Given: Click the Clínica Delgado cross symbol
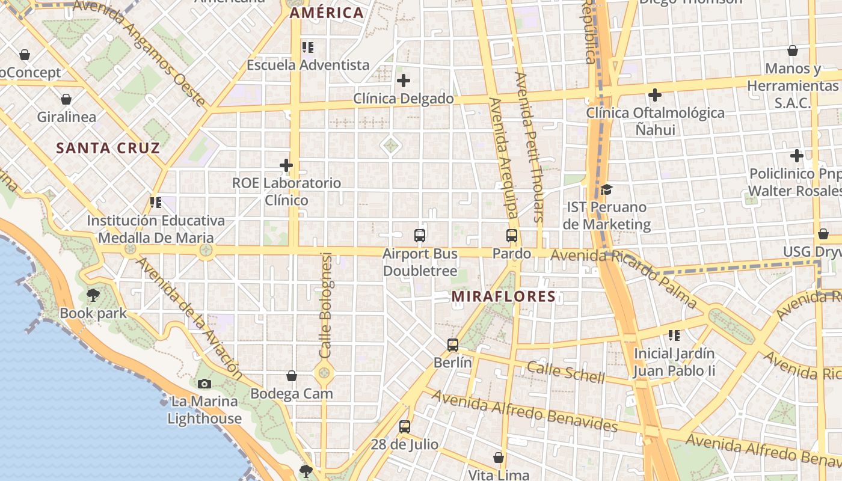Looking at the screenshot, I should tap(404, 81).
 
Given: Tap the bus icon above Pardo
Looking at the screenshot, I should tap(512, 236).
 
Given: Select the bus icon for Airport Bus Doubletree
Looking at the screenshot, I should tap(420, 236).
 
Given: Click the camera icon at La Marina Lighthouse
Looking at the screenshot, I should tap(204, 384).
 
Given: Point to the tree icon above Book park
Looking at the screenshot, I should tap(93, 295).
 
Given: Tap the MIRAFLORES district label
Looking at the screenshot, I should tap(503, 296).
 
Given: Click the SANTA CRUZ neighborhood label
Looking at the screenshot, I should tap(108, 148).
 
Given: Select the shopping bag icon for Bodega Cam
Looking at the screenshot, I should tap(292, 376).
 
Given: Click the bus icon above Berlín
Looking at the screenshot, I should tap(453, 345).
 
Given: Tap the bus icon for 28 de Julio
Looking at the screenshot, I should tap(405, 427).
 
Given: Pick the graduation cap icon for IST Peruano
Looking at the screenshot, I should tap(606, 190).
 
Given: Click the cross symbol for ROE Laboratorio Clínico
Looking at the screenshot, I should tap(286, 165).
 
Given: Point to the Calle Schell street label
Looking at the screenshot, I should tap(566, 372).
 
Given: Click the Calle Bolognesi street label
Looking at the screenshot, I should tap(326, 305).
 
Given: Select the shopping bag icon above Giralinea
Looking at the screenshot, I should tap(66, 99).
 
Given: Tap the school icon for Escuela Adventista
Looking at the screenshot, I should tap(308, 47).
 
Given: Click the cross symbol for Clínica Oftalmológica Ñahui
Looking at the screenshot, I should tap(655, 95).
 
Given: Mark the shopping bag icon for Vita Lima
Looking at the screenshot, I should tap(498, 458).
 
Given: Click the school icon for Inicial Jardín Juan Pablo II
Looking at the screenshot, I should tap(674, 335).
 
